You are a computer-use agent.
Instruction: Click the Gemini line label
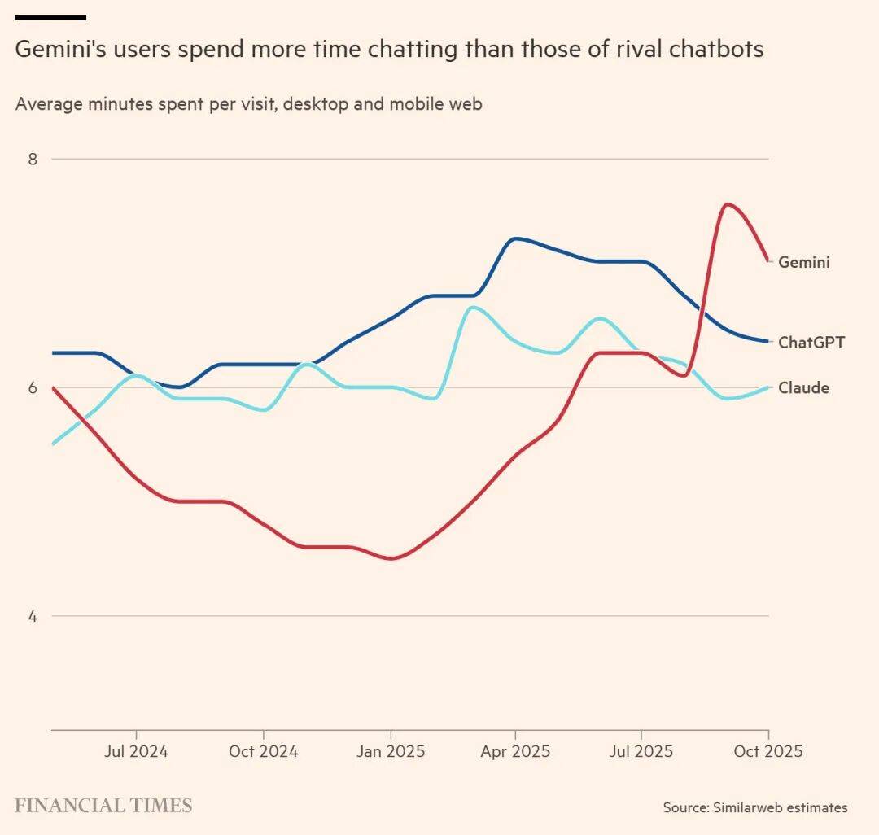[x=804, y=262]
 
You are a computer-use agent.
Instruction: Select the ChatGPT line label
[x=811, y=343]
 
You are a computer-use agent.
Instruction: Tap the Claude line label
[x=803, y=388]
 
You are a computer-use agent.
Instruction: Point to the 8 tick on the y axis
[x=33, y=159]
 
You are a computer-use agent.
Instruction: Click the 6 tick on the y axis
[x=33, y=387]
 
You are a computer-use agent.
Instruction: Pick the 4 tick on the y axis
[x=33, y=616]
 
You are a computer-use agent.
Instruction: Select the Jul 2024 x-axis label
[x=136, y=751]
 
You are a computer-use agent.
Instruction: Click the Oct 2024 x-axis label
[x=263, y=751]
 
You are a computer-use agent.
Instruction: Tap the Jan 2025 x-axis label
[x=391, y=751]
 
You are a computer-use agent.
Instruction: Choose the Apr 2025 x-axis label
[x=515, y=751]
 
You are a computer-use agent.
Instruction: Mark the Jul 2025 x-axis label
[x=641, y=751]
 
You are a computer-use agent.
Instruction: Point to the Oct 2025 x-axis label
[x=767, y=751]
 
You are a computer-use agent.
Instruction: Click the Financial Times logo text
[x=103, y=806]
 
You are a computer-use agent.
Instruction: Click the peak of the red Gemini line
[x=726, y=203]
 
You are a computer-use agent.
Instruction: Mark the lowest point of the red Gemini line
[x=391, y=558]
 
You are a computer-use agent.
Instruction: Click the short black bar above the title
[x=50, y=17]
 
